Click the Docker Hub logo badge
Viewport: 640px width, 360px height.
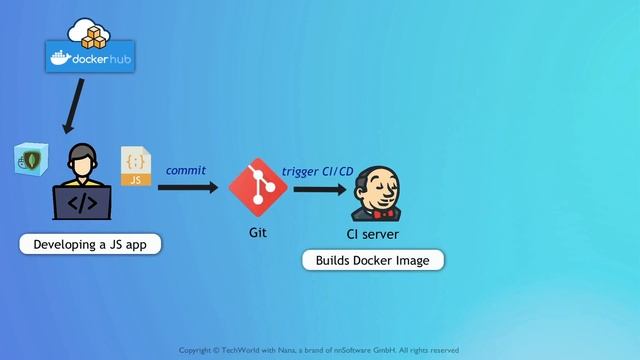[91, 59]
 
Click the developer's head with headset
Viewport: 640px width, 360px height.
[82, 159]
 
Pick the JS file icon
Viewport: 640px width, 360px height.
[136, 166]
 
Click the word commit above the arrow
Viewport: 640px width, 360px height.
[185, 170]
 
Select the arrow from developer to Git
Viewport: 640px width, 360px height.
[187, 186]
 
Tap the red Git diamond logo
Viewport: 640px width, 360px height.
[258, 187]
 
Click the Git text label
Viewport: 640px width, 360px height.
[258, 232]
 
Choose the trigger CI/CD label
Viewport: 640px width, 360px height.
[317, 171]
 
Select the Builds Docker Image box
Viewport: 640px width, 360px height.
[373, 261]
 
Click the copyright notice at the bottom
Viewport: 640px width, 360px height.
[319, 350]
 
